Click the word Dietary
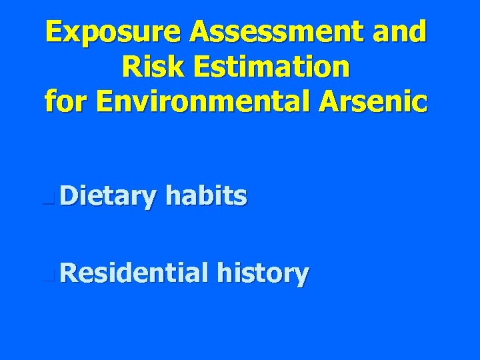108,197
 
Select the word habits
207,196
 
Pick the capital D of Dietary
69,196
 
